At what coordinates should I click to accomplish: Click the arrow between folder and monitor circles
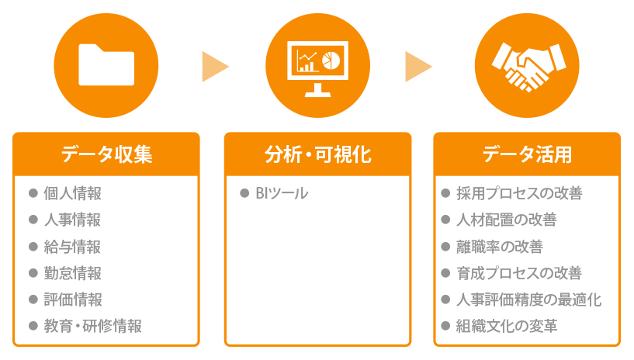[214, 66]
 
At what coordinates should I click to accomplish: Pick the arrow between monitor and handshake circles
[418, 66]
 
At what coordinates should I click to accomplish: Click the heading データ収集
[106, 154]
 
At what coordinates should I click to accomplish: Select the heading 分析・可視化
[317, 154]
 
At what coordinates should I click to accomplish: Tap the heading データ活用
[527, 154]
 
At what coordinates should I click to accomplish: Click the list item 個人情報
[72, 193]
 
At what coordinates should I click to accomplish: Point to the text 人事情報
[72, 220]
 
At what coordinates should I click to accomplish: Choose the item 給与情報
[72, 247]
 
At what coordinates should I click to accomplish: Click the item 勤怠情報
[72, 273]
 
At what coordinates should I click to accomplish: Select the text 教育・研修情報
[92, 326]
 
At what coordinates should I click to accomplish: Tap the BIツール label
[282, 193]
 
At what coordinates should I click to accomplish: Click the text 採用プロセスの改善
[519, 193]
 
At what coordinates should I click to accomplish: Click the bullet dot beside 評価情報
[33, 299]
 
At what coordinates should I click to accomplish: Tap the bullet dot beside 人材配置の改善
[445, 220]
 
